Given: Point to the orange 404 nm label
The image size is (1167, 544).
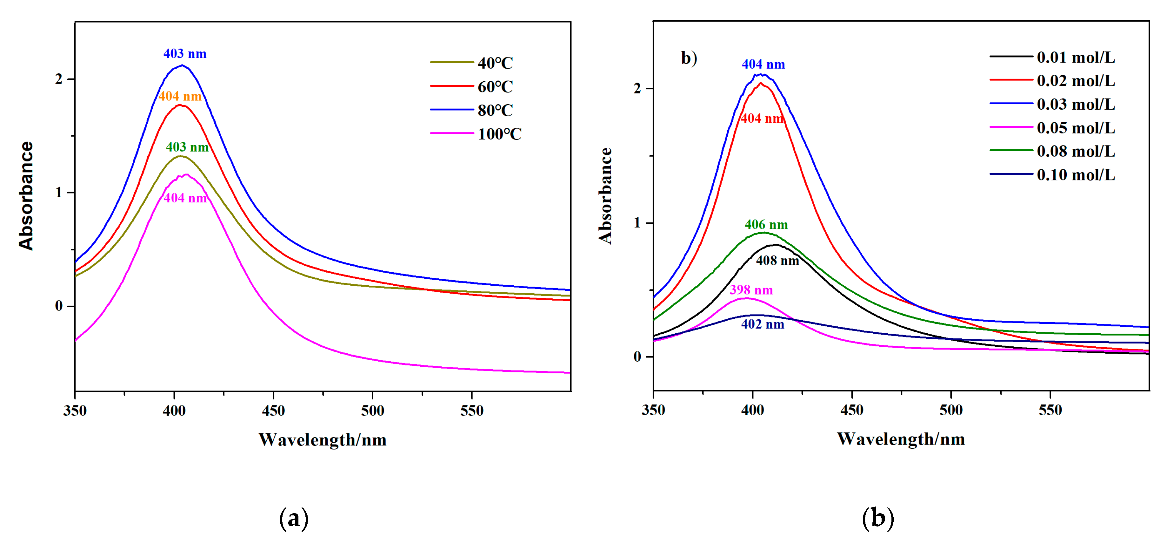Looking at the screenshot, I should (x=180, y=96).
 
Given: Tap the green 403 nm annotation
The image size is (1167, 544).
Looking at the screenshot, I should (x=187, y=147).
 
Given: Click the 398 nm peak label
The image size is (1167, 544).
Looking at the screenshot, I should (x=751, y=290).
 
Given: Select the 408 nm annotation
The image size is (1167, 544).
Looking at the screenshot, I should (x=777, y=260).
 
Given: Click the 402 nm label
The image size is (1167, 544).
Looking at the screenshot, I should (x=763, y=324).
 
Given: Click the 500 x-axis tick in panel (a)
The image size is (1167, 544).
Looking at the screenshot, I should (x=372, y=411).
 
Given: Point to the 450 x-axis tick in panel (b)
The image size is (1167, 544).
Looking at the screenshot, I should (x=852, y=410).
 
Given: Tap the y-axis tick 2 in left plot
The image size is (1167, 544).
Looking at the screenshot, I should (x=58, y=79).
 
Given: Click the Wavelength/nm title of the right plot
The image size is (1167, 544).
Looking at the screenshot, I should (x=901, y=439).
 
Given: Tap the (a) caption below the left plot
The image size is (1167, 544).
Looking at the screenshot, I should (x=294, y=518).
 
